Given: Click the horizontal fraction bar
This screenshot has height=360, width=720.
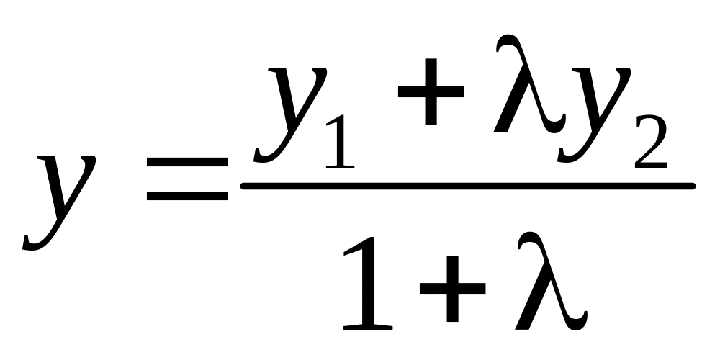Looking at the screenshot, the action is point(468,186).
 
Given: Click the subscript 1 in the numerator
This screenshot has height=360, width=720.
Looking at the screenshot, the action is point(340,144).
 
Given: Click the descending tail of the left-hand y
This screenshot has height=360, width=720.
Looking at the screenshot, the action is point(36,242).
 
